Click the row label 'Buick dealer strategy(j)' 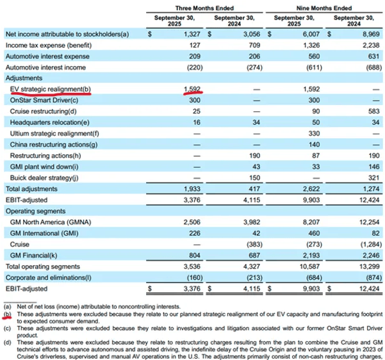[44, 179]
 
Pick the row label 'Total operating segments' [45, 266]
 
